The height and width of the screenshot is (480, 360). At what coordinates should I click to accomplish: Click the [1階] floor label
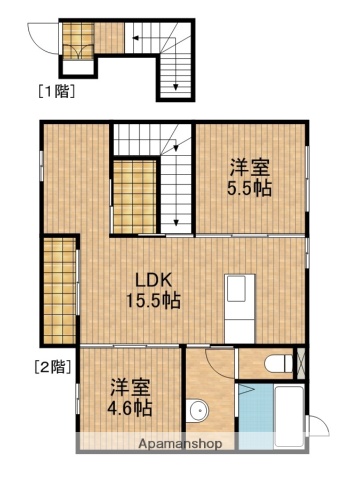(x=57, y=91)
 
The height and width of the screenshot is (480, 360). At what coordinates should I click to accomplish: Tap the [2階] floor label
(x=53, y=367)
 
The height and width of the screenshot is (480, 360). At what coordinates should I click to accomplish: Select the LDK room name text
(x=153, y=280)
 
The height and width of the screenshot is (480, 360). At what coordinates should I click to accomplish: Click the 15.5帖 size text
(x=153, y=301)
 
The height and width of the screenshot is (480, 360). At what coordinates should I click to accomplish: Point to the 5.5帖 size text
(x=249, y=189)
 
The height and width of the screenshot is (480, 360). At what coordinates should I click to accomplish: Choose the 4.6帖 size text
(x=130, y=408)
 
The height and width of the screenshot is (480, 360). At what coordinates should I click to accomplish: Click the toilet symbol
(x=279, y=363)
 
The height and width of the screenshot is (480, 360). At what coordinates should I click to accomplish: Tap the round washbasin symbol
(x=197, y=410)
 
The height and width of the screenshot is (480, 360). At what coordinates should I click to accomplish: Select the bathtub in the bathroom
(x=289, y=416)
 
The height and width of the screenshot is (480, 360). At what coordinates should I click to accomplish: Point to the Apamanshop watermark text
(x=180, y=443)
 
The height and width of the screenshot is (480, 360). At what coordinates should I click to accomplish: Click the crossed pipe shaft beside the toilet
(x=301, y=363)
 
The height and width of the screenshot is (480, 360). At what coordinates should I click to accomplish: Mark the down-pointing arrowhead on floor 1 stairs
(x=176, y=87)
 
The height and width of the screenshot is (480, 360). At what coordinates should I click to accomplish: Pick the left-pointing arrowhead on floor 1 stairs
(x=136, y=38)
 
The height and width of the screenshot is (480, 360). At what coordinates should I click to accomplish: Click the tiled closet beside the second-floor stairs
(x=135, y=197)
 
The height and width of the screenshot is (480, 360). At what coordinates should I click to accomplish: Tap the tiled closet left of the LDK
(x=60, y=291)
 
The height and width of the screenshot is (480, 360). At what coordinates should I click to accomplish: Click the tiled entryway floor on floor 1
(x=78, y=41)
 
